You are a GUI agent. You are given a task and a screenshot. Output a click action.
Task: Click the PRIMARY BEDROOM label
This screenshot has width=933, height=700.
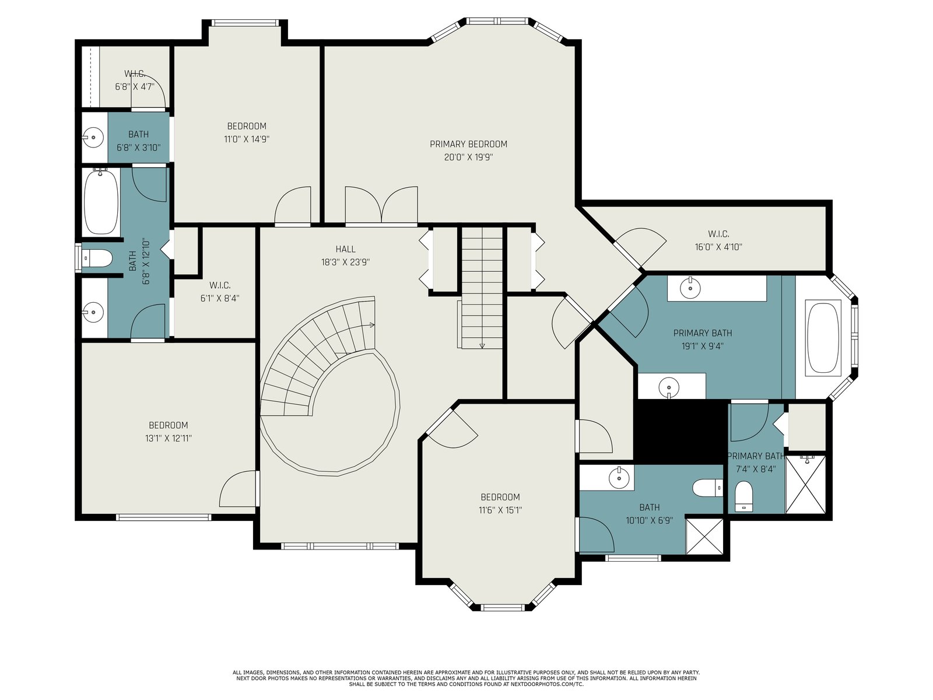click(468, 144)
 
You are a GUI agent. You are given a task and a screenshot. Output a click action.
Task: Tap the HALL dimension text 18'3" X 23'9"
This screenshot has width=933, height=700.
click(345, 262)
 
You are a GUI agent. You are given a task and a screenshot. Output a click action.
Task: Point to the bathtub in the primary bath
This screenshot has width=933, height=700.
click(823, 338)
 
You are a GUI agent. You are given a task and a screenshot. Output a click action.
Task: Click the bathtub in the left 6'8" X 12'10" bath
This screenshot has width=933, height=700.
click(101, 201)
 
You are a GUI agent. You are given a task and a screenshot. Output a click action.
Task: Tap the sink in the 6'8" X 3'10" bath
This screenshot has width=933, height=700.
click(93, 137)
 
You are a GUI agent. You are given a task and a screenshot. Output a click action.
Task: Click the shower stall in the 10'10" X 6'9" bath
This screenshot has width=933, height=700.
click(704, 535)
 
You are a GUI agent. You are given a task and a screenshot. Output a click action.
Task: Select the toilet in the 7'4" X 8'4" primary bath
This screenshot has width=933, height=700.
click(743, 496)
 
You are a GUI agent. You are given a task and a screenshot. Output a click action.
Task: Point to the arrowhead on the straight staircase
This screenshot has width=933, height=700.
click(482, 346)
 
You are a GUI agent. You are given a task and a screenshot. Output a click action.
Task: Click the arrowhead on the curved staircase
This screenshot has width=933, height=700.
click(372, 325)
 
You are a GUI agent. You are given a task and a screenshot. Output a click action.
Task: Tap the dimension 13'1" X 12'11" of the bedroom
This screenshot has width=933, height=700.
click(169, 438)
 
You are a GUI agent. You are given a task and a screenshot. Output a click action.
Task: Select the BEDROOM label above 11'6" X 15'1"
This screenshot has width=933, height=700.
click(500, 497)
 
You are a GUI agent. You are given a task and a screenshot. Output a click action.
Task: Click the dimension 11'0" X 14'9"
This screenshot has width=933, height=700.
click(247, 139)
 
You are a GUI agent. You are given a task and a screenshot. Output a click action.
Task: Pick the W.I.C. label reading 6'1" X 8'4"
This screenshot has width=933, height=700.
click(220, 285)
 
